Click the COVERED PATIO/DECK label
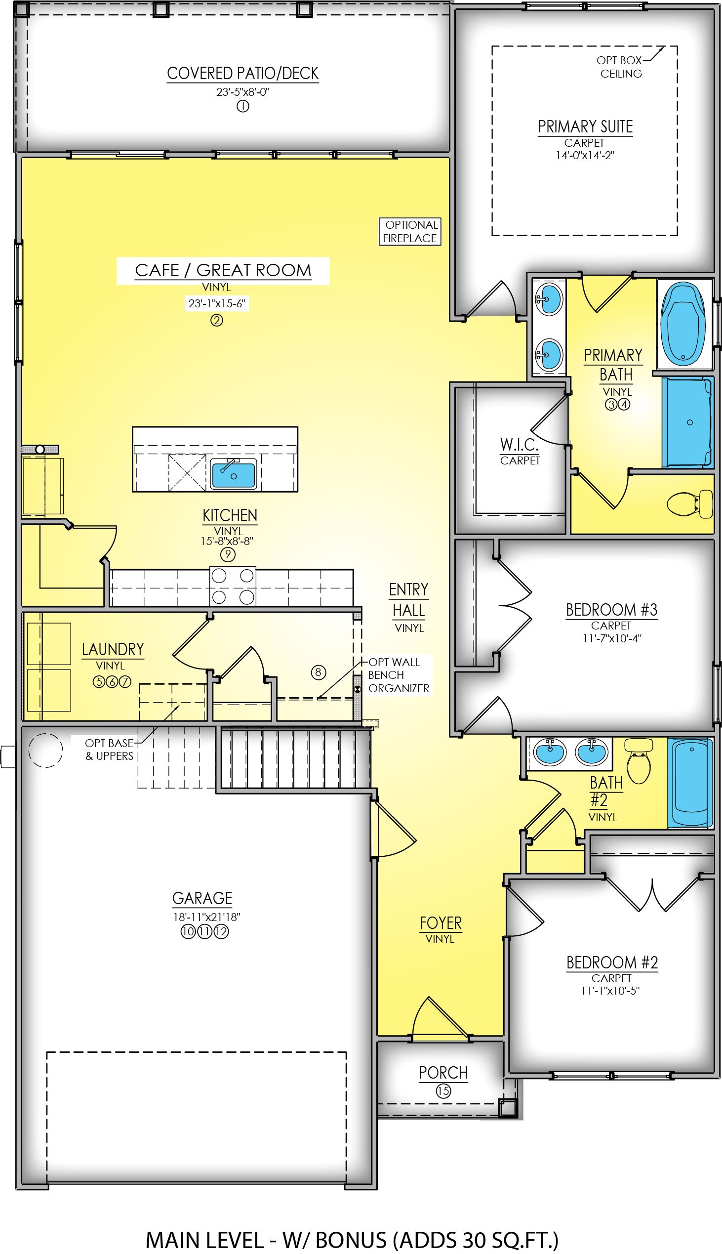[242, 74]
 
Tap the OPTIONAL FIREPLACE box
[410, 231]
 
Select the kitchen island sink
[234, 474]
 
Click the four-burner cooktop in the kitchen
[233, 586]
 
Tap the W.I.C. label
[519, 445]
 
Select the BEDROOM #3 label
[611, 610]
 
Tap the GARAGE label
[202, 898]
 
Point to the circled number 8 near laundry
[319, 672]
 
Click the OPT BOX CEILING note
[620, 67]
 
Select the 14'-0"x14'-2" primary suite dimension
[585, 155]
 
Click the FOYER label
[441, 923]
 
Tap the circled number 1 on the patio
[242, 106]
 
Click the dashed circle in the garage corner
[45, 751]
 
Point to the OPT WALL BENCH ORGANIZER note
[398, 675]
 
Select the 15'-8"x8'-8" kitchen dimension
[227, 541]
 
